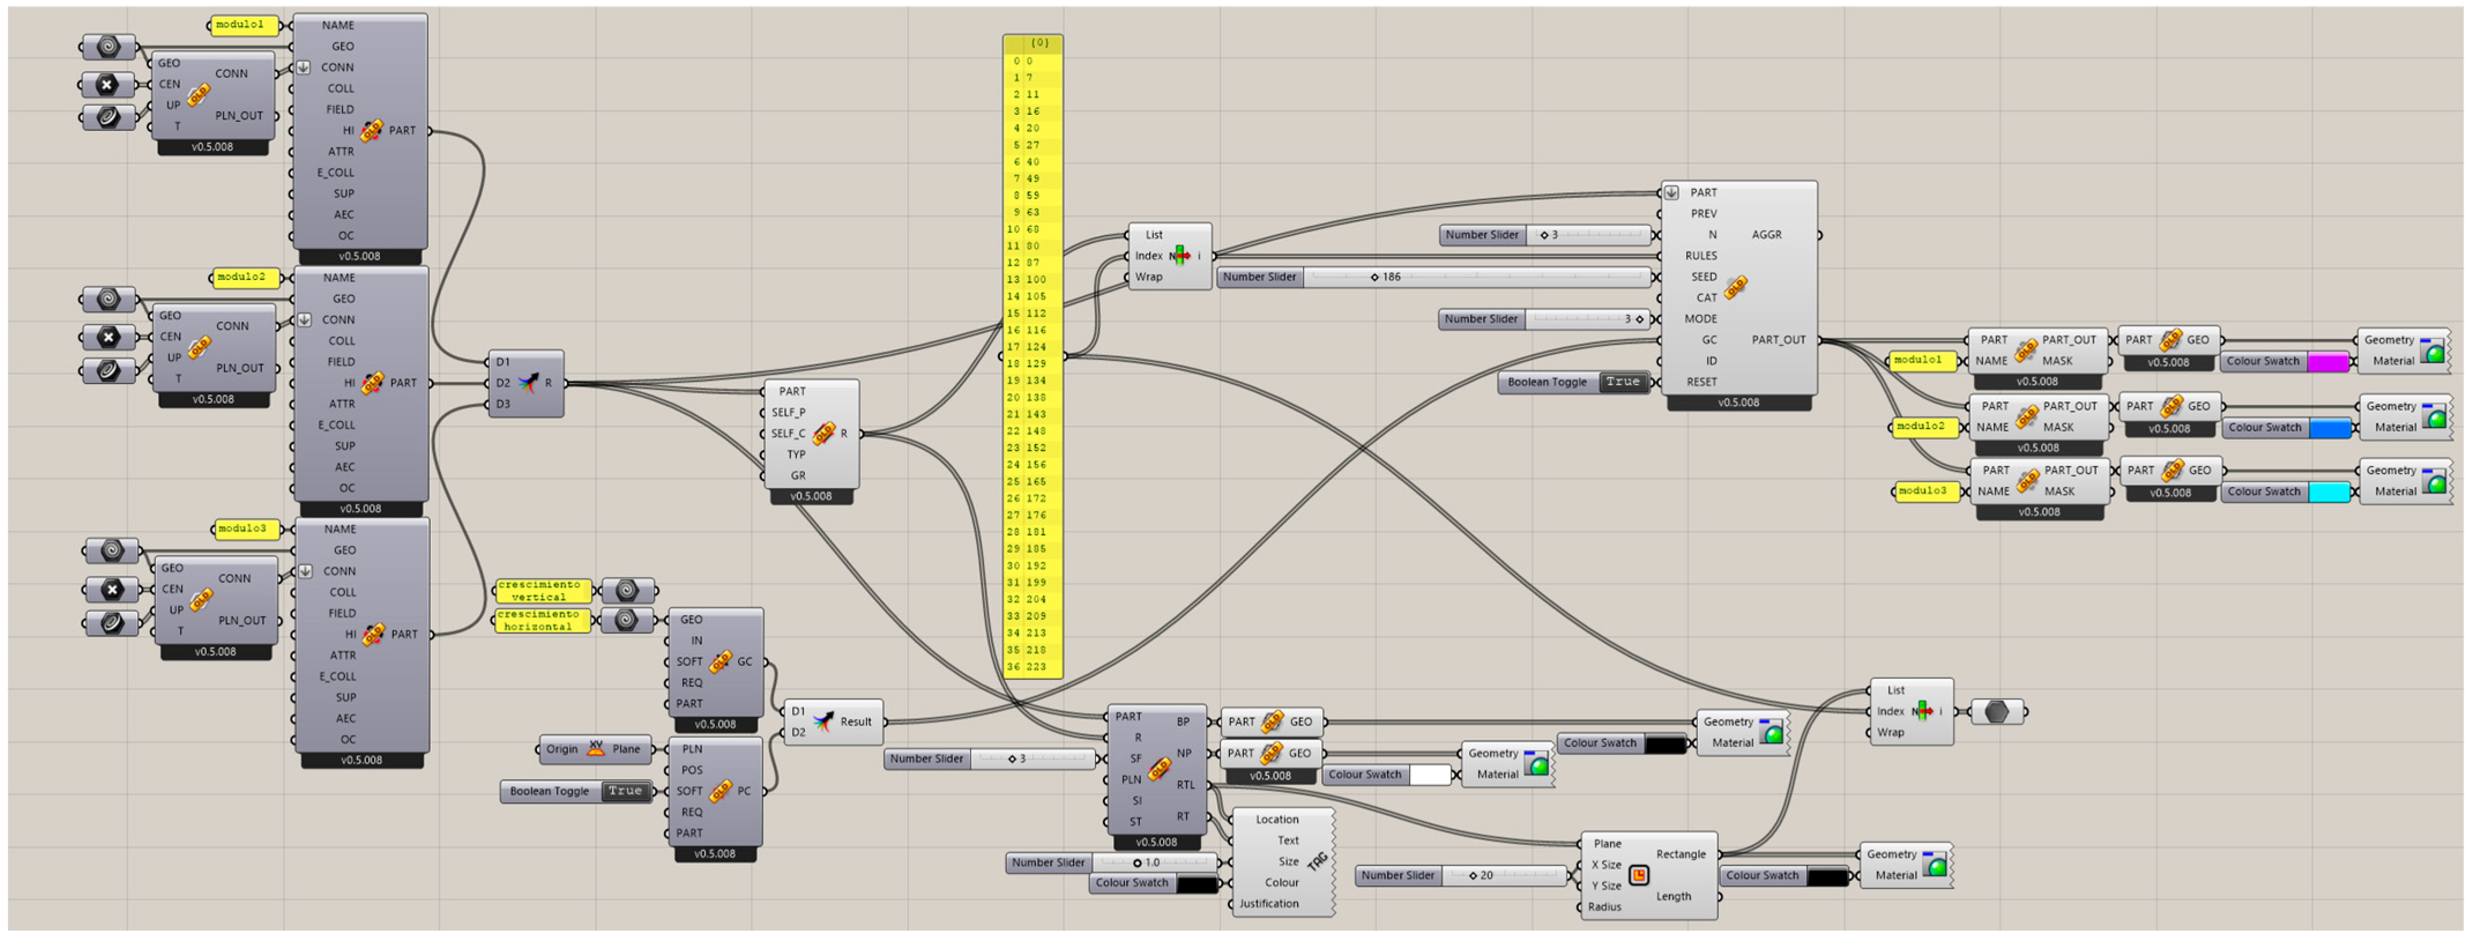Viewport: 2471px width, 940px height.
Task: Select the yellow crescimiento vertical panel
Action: coord(542,591)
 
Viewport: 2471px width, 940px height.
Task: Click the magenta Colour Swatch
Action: coord(2327,361)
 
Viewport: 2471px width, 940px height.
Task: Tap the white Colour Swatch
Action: coord(1429,775)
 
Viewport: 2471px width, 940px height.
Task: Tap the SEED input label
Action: coord(1704,277)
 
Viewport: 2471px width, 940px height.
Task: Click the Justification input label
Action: coord(1268,904)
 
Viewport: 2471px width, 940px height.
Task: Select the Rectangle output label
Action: coord(1680,855)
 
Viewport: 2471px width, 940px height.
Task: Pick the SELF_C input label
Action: coord(788,434)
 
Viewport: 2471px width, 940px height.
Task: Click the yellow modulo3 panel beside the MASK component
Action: coord(1924,491)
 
